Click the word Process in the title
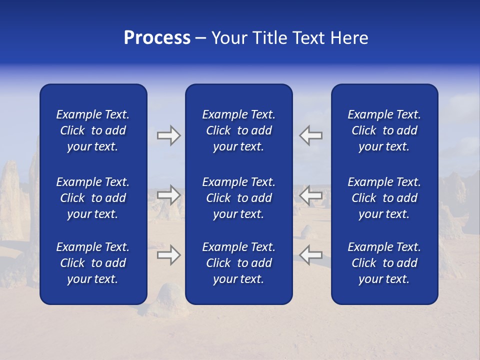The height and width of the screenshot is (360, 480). pyautogui.click(x=157, y=38)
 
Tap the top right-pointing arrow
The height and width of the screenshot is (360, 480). pyautogui.click(x=168, y=135)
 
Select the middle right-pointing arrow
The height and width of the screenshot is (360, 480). pyautogui.click(x=168, y=194)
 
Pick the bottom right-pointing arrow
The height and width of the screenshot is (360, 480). pyautogui.click(x=168, y=254)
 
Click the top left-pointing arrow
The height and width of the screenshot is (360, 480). pyautogui.click(x=311, y=135)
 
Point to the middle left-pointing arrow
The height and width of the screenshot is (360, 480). pyautogui.click(x=311, y=194)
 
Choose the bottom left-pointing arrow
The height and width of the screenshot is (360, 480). pyautogui.click(x=311, y=254)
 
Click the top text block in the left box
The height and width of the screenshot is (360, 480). pyautogui.click(x=93, y=130)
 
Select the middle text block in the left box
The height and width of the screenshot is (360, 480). pyautogui.click(x=93, y=198)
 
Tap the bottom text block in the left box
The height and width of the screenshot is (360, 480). pyautogui.click(x=93, y=263)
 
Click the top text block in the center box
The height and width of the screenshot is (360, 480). pyautogui.click(x=238, y=130)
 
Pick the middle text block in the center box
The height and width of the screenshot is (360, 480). pyautogui.click(x=238, y=198)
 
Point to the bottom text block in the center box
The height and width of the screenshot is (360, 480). pyautogui.click(x=238, y=263)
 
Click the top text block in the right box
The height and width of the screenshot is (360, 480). pyautogui.click(x=384, y=130)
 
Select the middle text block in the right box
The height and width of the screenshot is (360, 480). pyautogui.click(x=384, y=198)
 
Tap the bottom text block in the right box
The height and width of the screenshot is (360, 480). pyautogui.click(x=384, y=263)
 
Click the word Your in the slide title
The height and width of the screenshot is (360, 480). pyautogui.click(x=229, y=38)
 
